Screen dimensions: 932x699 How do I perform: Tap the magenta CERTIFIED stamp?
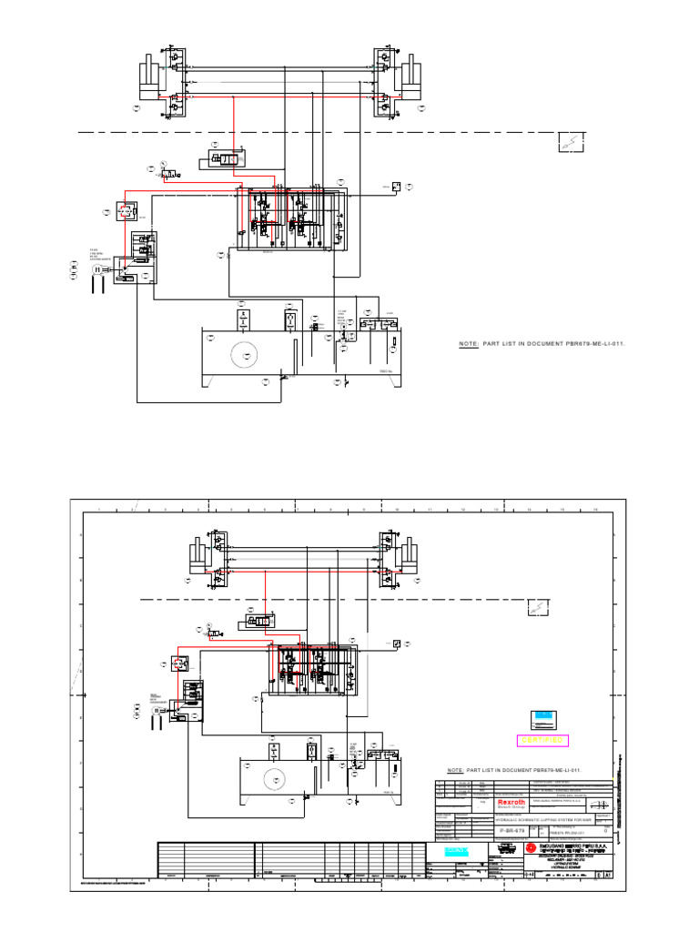[542, 741]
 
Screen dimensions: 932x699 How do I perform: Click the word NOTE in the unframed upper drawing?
[469, 344]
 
